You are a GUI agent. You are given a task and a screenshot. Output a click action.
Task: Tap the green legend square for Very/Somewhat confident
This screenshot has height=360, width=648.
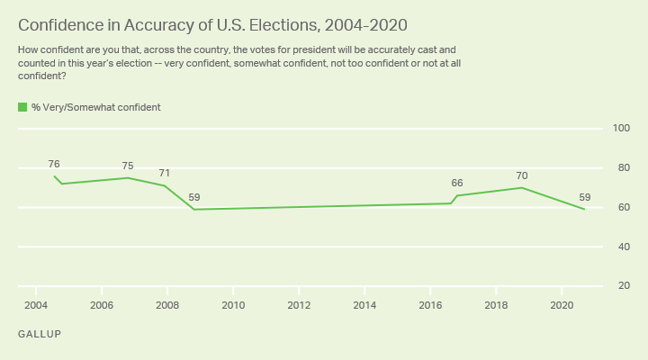(x=22, y=107)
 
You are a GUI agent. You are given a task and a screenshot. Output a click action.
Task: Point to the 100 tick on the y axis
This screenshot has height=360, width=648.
(x=621, y=129)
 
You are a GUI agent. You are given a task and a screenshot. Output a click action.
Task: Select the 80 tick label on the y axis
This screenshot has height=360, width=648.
(x=621, y=168)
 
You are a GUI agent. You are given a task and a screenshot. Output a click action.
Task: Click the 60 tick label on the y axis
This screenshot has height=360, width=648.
(x=621, y=207)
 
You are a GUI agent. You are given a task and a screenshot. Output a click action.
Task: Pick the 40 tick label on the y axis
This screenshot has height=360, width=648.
(x=621, y=247)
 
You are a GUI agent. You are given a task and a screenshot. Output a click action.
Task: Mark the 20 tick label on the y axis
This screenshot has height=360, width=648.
(x=621, y=286)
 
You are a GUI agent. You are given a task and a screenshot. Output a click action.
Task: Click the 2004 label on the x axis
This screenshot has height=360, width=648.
(x=35, y=305)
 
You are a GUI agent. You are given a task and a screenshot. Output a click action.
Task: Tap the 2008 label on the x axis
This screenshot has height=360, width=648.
(x=167, y=305)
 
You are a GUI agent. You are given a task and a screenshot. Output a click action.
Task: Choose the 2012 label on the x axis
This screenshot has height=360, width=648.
(x=299, y=305)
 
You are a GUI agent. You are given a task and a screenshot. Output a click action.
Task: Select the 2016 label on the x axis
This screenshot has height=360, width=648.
(x=430, y=305)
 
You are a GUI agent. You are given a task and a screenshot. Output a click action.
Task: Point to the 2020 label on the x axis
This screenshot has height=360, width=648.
(x=562, y=305)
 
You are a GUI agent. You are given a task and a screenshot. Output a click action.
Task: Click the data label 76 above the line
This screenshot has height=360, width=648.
(x=54, y=164)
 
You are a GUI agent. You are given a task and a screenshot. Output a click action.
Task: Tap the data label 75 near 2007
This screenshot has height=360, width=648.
(x=128, y=166)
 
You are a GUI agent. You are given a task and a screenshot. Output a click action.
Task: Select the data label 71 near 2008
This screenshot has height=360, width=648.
(x=165, y=173)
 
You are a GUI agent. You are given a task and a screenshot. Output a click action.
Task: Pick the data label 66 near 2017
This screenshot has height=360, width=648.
(x=457, y=183)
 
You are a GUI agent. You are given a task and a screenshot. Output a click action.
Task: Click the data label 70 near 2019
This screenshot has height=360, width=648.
(x=522, y=175)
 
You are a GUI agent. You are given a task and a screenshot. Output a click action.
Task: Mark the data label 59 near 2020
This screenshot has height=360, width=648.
(x=584, y=197)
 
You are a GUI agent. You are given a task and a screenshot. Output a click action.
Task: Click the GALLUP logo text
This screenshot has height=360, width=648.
(x=39, y=333)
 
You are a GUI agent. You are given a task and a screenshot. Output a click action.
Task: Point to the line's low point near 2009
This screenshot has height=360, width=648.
(x=194, y=210)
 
